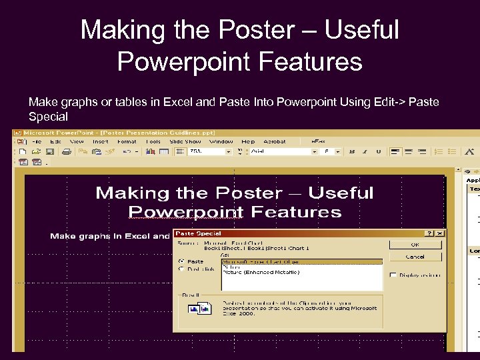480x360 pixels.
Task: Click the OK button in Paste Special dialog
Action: click(x=415, y=245)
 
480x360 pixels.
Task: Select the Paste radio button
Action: click(x=181, y=261)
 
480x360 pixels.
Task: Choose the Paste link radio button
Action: click(x=181, y=269)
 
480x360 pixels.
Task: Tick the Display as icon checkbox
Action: click(x=394, y=275)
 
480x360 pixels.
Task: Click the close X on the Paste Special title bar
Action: click(x=440, y=233)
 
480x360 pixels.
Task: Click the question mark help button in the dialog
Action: click(x=429, y=233)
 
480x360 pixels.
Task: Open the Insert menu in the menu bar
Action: click(x=101, y=141)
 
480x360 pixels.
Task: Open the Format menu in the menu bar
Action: click(x=127, y=141)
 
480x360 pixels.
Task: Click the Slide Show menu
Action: click(x=185, y=141)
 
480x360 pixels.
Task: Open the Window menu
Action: click(x=221, y=141)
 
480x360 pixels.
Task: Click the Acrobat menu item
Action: click(x=275, y=141)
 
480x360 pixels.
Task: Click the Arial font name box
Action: click(x=280, y=151)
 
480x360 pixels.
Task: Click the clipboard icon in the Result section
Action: click(x=199, y=307)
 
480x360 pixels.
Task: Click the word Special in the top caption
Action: click(x=48, y=117)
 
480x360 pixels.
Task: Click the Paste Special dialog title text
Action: click(x=199, y=233)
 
